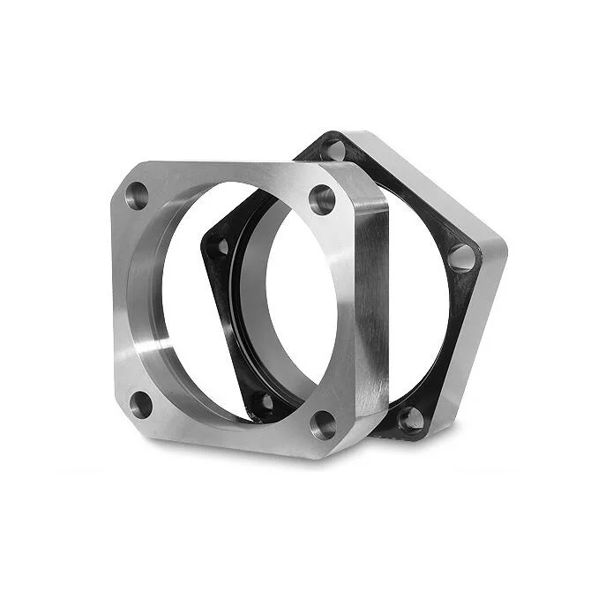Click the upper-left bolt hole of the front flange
click(x=137, y=196)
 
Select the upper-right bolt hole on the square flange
click(x=322, y=199)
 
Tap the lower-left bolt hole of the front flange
click(x=141, y=405)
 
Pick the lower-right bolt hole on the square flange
click(x=324, y=425)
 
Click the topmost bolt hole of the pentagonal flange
click(x=333, y=147)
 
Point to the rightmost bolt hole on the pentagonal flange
click(x=460, y=258)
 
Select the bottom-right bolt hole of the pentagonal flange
click(x=410, y=418)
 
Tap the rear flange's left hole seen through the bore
click(x=222, y=246)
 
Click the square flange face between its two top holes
click(x=229, y=176)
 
